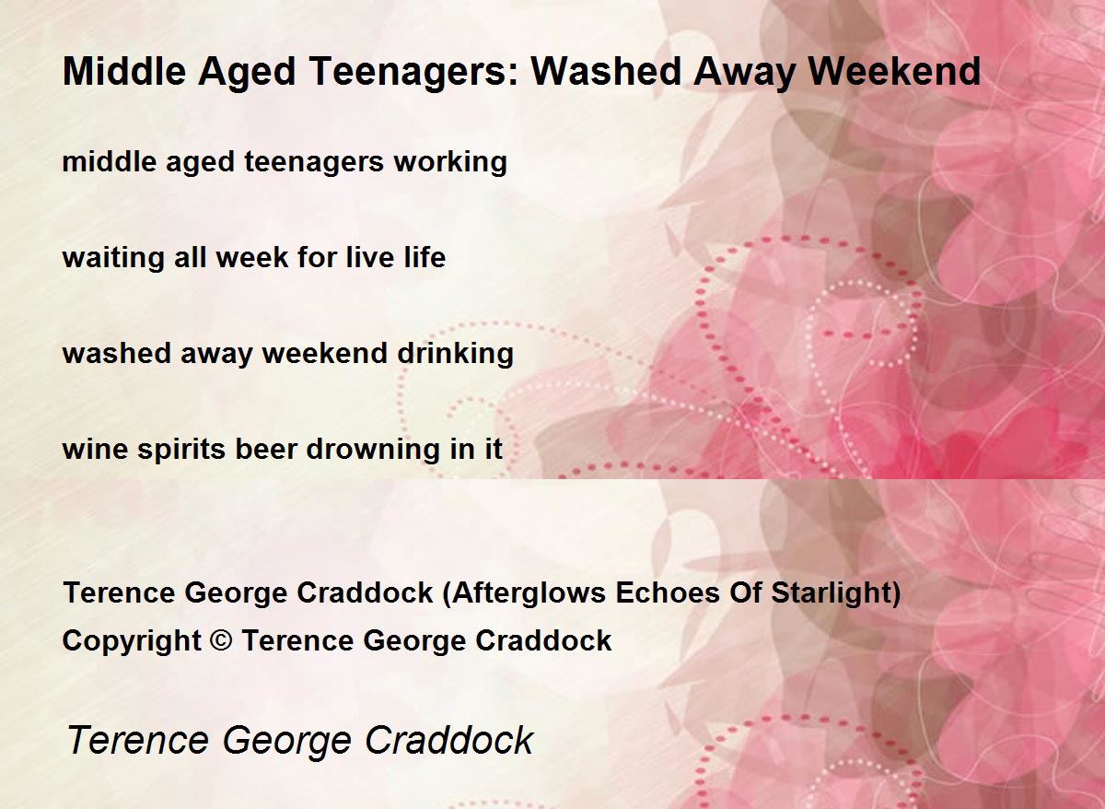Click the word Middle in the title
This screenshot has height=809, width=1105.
pos(124,71)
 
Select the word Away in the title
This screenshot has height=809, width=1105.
pos(744,72)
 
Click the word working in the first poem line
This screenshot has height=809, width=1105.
pos(450,162)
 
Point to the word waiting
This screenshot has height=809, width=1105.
pos(113,258)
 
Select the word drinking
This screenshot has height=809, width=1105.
pos(455,354)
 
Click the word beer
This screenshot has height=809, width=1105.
pos(266,449)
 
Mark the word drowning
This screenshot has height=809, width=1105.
pos(373,449)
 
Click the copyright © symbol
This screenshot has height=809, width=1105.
pos(221,640)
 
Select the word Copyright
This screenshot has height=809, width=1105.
pos(132,640)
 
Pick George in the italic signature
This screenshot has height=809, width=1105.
pos(287,741)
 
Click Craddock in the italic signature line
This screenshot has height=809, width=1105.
pos(449,740)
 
